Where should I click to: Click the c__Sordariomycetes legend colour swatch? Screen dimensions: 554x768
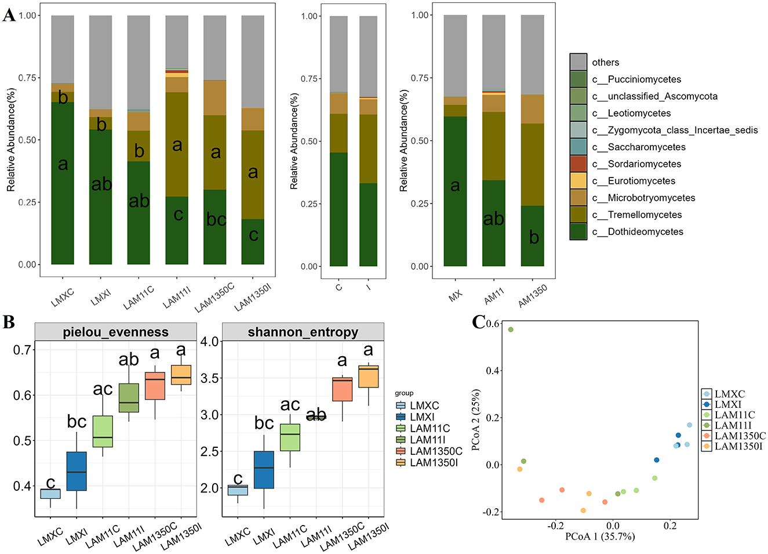(x=578, y=164)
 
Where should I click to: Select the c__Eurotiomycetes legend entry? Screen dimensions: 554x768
(x=633, y=181)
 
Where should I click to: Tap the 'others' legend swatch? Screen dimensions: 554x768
(x=578, y=62)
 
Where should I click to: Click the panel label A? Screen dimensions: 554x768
(x=9, y=15)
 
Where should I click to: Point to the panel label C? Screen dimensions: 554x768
(x=478, y=322)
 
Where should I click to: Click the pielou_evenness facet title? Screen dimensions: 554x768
(x=115, y=332)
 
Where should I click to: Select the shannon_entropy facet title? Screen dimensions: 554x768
(x=303, y=332)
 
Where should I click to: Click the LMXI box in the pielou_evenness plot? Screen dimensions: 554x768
(x=77, y=471)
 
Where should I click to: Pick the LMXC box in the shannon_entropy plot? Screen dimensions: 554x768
(x=238, y=490)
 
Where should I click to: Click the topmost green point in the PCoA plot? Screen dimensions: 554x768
(x=511, y=329)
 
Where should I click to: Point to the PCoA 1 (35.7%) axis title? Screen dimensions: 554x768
(x=600, y=537)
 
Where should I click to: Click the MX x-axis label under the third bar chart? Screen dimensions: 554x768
(x=456, y=295)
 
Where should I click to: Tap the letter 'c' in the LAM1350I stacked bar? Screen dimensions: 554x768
(x=253, y=235)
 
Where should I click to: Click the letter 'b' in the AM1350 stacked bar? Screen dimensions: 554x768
(x=534, y=237)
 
